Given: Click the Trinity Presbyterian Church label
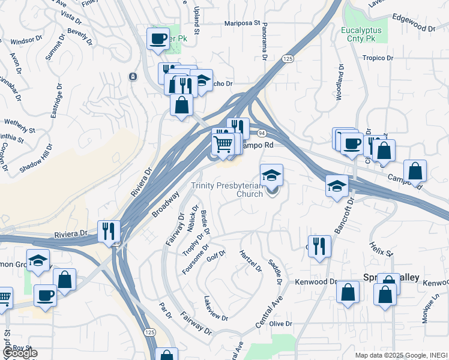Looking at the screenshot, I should pyautogui.click(x=227, y=190).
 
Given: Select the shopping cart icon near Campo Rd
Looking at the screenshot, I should pyautogui.click(x=223, y=144).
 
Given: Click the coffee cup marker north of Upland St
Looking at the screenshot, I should pyautogui.click(x=158, y=39).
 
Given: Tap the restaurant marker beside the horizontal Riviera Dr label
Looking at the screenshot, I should pyautogui.click(x=109, y=231).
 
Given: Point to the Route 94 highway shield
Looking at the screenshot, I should pyautogui.click(x=262, y=132).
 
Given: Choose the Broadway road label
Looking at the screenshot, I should pyautogui.click(x=165, y=205).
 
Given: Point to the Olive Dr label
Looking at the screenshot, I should pyautogui.click(x=280, y=323).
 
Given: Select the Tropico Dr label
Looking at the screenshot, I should pyautogui.click(x=377, y=58).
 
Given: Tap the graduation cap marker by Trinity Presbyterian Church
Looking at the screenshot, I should pyautogui.click(x=272, y=176).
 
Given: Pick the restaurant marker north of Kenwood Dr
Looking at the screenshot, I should pyautogui.click(x=319, y=246).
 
